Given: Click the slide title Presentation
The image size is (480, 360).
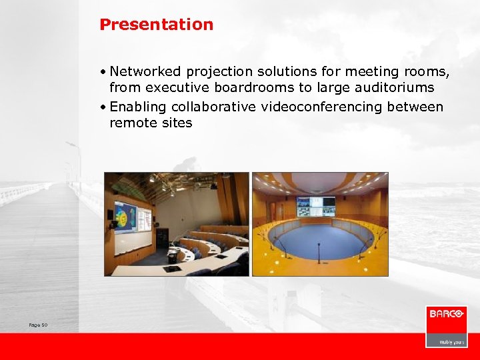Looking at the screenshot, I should (x=156, y=25).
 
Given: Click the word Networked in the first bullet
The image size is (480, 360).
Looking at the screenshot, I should (x=146, y=71).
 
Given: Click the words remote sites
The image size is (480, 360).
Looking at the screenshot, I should (x=151, y=123).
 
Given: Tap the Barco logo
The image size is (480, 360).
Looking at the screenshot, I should (x=446, y=314).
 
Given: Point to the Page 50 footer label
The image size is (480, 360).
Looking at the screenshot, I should (x=39, y=325).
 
